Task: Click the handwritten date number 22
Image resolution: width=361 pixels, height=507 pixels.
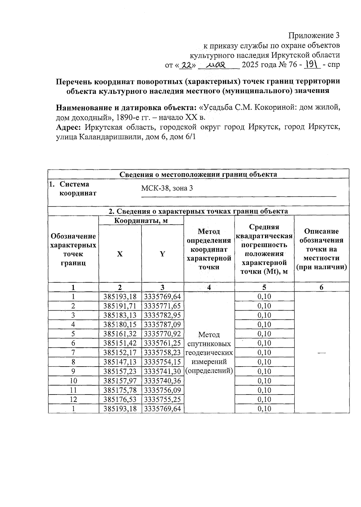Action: (x=187, y=65)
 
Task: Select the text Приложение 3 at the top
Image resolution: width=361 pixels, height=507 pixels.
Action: (x=314, y=36)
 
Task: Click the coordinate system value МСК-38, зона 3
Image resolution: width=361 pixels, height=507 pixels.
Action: (x=167, y=189)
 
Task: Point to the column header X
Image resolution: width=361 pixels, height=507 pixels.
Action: (x=120, y=254)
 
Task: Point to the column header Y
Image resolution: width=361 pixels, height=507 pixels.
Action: (x=162, y=254)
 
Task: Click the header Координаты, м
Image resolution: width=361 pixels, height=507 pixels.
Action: (x=141, y=221)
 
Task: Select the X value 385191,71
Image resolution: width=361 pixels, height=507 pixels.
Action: (x=120, y=306)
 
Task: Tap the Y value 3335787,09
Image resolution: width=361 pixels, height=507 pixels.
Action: (x=162, y=325)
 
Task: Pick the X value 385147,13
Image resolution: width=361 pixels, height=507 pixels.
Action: (x=120, y=362)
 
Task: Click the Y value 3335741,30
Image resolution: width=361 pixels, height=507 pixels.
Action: (x=162, y=371)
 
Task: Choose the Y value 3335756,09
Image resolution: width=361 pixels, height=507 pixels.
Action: (x=162, y=390)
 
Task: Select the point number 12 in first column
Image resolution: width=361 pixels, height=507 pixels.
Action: (x=73, y=400)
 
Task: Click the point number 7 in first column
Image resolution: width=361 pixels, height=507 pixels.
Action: (x=73, y=353)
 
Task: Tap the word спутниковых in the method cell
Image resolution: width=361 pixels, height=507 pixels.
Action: (x=209, y=344)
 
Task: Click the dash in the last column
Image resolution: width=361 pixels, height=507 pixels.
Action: (x=322, y=353)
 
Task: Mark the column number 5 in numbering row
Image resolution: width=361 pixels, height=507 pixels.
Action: (x=264, y=287)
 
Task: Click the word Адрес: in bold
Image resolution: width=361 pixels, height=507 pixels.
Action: (x=68, y=127)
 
